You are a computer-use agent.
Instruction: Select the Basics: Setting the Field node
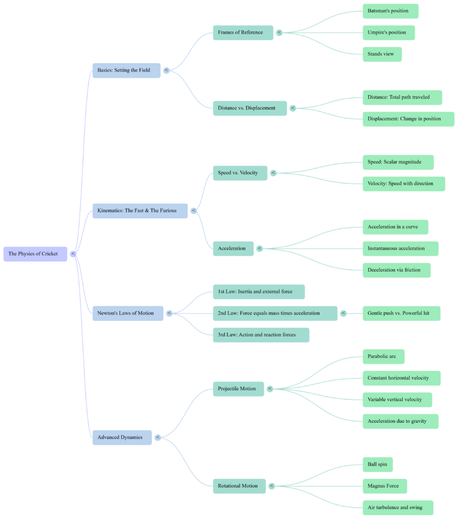tap(126, 70)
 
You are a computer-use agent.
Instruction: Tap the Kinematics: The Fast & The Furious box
tap(140, 211)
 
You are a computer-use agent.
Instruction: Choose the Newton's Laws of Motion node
tap(128, 313)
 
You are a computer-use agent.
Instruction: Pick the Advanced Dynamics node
tap(122, 437)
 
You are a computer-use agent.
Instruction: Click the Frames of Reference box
tap(243, 33)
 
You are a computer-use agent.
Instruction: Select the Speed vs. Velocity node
tap(240, 173)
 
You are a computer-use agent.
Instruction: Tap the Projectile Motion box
tap(238, 389)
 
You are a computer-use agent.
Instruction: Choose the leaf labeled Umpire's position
tap(388, 33)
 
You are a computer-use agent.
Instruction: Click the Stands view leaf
tap(381, 54)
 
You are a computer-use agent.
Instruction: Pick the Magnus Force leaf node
tap(384, 486)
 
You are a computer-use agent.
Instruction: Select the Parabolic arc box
tap(383, 357)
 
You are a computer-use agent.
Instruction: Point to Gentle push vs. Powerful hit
tap(401, 314)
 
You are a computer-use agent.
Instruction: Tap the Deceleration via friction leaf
tap(396, 270)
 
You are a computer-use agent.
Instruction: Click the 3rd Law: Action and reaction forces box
tap(261, 335)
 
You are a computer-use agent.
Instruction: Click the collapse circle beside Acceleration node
tap(260, 248)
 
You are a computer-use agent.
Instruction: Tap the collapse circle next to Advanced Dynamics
tap(158, 437)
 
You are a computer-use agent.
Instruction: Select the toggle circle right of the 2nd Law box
tap(344, 314)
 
